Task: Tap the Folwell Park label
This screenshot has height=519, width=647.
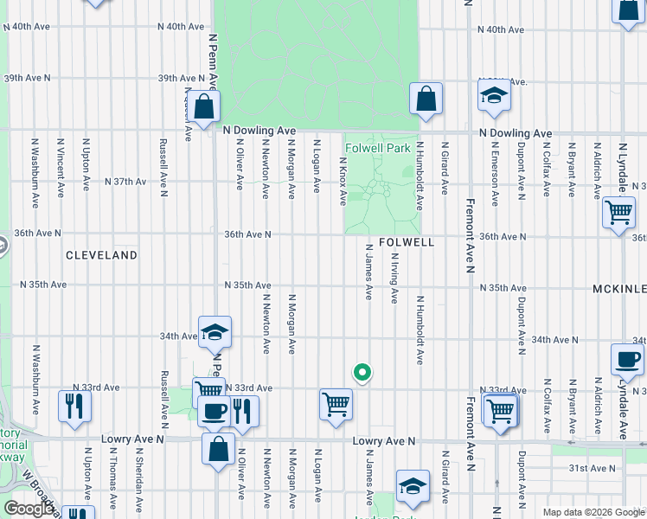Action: pyautogui.click(x=378, y=149)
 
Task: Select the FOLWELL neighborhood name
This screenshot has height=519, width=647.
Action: pyautogui.click(x=406, y=243)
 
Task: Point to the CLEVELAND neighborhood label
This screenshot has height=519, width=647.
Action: pyautogui.click(x=102, y=255)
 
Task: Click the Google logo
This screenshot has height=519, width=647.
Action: pyautogui.click(x=29, y=509)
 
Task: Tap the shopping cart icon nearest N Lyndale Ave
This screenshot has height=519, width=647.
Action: pyautogui.click(x=619, y=212)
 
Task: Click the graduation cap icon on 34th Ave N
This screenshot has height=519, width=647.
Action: pyautogui.click(x=215, y=331)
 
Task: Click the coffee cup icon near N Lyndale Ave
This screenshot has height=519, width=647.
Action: pyautogui.click(x=627, y=359)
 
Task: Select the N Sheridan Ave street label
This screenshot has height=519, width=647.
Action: pyautogui.click(x=138, y=475)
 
